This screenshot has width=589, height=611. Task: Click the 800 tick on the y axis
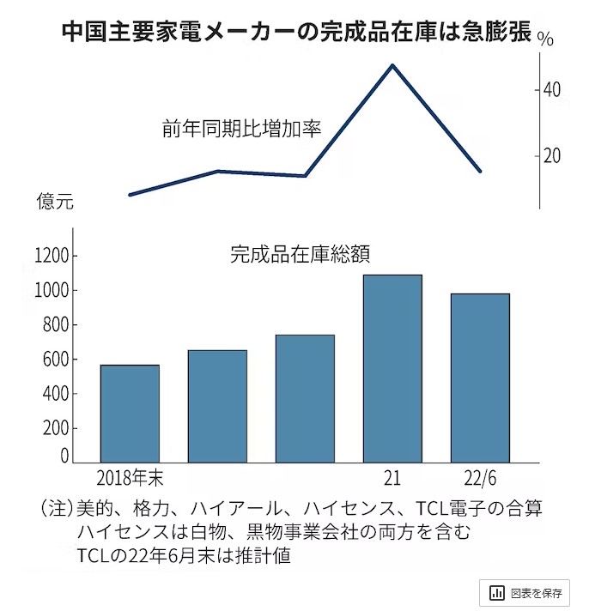55,325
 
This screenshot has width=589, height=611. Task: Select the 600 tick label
55,360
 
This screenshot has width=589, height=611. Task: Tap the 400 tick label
55,394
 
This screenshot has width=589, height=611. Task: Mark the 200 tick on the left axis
55,428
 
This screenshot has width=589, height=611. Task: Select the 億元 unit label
55,203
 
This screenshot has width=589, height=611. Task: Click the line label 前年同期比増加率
241,130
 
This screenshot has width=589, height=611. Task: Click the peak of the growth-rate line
392,65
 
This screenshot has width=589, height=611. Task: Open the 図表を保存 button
524,593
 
